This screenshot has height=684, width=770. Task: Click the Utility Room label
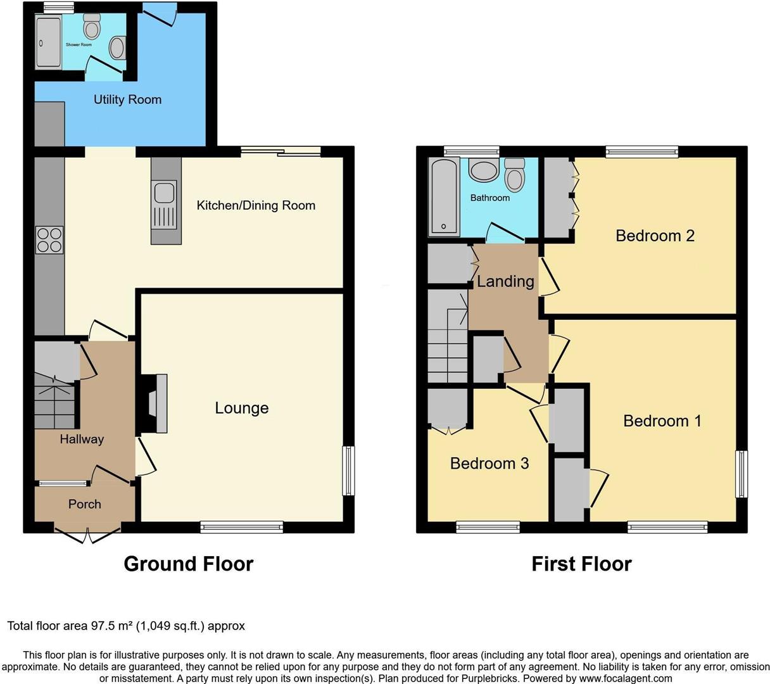(127, 99)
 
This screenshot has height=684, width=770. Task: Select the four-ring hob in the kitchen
(49, 239)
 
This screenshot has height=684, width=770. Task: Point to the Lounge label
(241, 408)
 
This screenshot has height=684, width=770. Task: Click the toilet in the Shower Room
(92, 27)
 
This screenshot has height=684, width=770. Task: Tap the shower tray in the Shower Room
(48, 42)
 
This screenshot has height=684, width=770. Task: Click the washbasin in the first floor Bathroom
(484, 171)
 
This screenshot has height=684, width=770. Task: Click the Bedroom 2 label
(655, 236)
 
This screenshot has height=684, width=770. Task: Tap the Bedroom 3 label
(489, 463)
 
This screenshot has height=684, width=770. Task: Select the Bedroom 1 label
(662, 421)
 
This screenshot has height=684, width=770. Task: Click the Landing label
(505, 281)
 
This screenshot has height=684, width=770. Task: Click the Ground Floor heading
(188, 564)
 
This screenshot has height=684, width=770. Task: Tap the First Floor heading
(581, 564)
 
